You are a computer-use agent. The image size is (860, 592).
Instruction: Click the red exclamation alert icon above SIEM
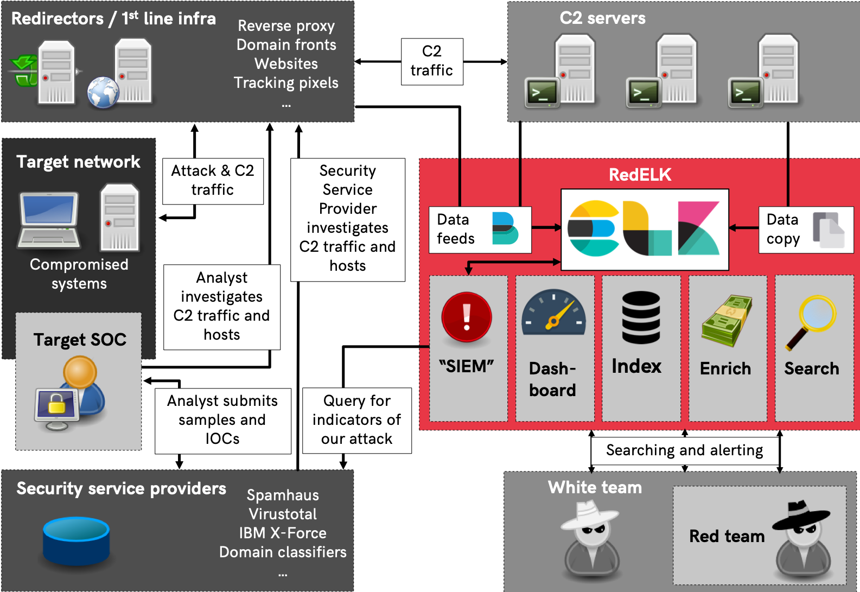click(467, 317)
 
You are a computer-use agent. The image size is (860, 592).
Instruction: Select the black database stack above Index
click(641, 317)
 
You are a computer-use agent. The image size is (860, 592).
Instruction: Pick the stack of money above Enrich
click(727, 320)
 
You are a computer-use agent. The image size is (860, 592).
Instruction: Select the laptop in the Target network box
click(49, 220)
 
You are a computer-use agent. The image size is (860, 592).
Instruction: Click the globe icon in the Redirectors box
click(103, 92)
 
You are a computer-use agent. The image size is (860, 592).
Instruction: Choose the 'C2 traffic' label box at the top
click(432, 61)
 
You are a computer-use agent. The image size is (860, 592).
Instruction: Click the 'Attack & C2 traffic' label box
click(213, 181)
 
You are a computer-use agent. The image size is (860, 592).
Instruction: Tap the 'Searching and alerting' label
click(684, 450)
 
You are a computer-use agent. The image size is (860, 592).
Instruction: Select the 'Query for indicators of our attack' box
click(356, 420)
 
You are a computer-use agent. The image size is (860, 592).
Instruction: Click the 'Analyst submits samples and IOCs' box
click(222, 420)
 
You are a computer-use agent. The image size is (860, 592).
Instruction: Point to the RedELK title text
click(640, 175)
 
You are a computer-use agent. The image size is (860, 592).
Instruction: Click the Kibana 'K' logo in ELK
click(698, 228)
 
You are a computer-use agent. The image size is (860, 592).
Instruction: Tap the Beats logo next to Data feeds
click(505, 228)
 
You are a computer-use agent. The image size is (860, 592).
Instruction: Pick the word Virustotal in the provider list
click(283, 514)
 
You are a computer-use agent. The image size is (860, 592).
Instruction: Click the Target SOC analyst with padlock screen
click(71, 393)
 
